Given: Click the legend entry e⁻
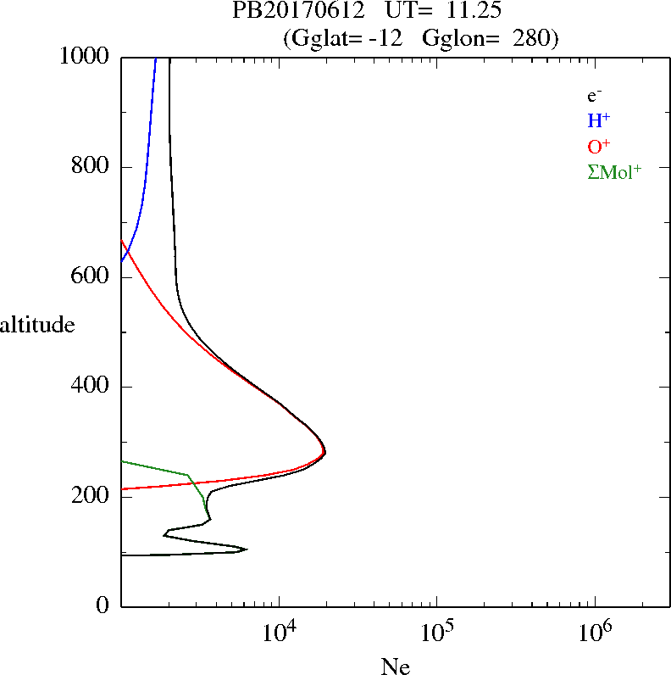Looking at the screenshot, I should pyautogui.click(x=594, y=96).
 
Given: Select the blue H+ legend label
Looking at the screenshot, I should pyautogui.click(x=598, y=120).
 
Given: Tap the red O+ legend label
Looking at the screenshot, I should pyautogui.click(x=598, y=146).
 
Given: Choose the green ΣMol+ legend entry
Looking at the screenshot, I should pyautogui.click(x=613, y=172).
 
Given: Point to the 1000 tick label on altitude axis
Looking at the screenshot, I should pyautogui.click(x=86, y=57).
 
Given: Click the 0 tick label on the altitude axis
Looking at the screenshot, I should pyautogui.click(x=103, y=606).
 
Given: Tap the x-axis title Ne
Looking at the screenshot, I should pyautogui.click(x=395, y=667).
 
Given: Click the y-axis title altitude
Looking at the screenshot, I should pyautogui.click(x=37, y=325).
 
